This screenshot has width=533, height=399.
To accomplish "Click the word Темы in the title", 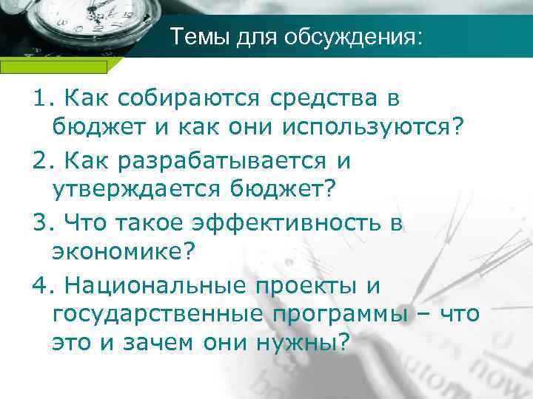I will [x=193, y=36].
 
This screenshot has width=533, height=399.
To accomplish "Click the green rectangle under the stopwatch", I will [x=53, y=66].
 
